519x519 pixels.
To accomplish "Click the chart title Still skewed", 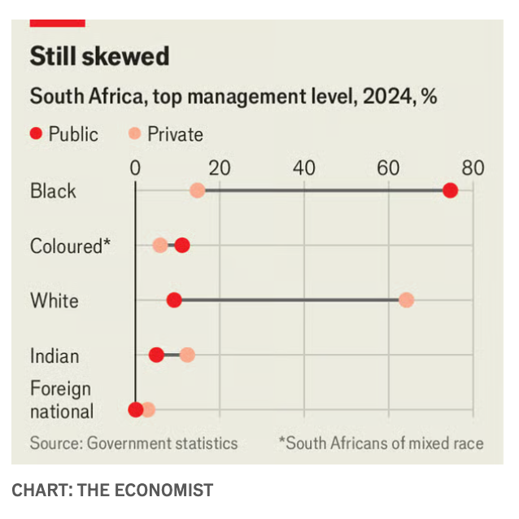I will coord(99,56).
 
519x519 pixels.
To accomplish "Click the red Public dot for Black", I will coord(450,190).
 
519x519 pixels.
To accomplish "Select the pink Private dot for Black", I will coord(197,190).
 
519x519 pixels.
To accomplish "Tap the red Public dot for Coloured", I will coord(182,246).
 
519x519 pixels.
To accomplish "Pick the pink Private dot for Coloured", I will coord(160,246).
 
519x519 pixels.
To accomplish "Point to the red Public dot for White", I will coord(174,300).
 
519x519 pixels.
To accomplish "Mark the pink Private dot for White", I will coord(406,300).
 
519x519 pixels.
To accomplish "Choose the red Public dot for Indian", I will coord(157,355).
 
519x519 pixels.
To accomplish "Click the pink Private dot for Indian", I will coord(187,355).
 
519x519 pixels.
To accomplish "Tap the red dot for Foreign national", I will coord(136,410).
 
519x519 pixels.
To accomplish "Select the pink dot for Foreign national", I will coord(148,410).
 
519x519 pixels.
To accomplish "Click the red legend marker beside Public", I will coord(36,134).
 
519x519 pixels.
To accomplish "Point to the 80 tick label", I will coord(473,168).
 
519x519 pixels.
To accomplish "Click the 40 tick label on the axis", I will coord(303,168).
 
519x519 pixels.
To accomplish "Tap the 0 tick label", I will coord(135,168).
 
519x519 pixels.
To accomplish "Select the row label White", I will coord(55,300).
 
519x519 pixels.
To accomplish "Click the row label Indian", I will coord(55,355).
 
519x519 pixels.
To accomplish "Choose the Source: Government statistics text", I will coord(133,443).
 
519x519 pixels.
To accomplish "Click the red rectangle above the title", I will coord(57,23).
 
